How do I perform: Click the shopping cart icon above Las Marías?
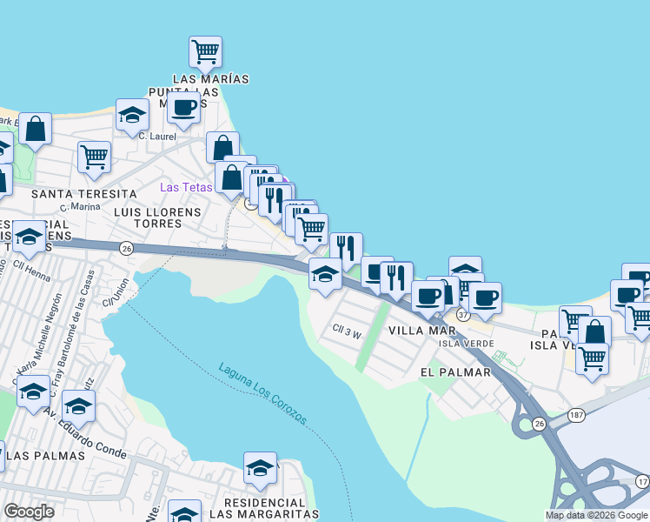[205, 52]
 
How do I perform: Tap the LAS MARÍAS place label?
[211, 79]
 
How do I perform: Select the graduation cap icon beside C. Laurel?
[133, 116]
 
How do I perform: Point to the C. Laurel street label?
[157, 136]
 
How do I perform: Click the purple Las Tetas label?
[185, 188]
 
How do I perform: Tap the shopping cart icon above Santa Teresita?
[94, 157]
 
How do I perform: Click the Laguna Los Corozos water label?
[263, 394]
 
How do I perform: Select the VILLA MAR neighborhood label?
[421, 331]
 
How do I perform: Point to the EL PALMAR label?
[455, 372]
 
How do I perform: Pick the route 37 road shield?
[463, 313]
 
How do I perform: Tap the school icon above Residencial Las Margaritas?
[260, 469]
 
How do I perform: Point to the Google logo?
[29, 512]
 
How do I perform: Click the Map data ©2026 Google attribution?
[596, 515]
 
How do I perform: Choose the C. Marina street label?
[81, 207]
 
